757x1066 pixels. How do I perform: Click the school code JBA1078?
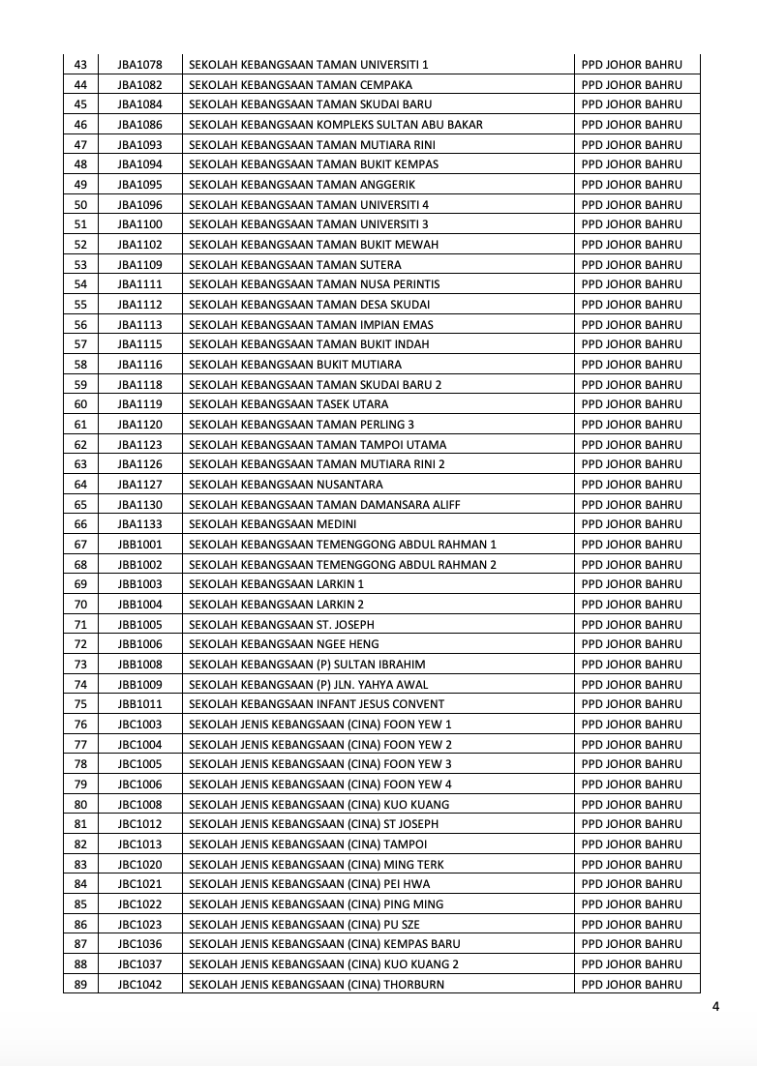pyautogui.click(x=139, y=65)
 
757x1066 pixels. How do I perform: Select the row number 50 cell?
pyautogui.click(x=80, y=204)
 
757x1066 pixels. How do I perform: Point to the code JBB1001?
pyautogui.click(x=139, y=545)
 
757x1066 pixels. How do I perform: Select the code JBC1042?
pyautogui.click(x=139, y=985)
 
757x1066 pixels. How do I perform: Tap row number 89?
pyautogui.click(x=80, y=985)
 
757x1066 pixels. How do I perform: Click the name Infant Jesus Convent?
pyautogui.click(x=317, y=704)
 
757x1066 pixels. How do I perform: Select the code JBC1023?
pyautogui.click(x=139, y=925)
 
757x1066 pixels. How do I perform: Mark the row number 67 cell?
pyautogui.click(x=80, y=545)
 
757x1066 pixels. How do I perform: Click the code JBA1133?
pyautogui.click(x=139, y=524)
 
